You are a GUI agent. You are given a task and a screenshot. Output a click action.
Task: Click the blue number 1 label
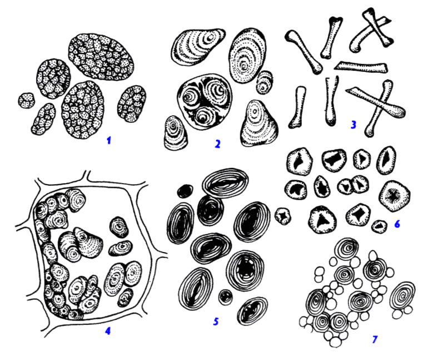point(109,140)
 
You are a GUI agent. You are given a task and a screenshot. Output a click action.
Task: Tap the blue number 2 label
point(217,144)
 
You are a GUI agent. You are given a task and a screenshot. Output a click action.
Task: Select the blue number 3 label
point(354,125)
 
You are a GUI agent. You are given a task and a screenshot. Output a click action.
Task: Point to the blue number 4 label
point(108,331)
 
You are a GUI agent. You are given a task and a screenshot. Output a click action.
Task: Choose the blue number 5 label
point(216,322)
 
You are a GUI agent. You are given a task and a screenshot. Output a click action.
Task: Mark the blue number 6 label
point(397,224)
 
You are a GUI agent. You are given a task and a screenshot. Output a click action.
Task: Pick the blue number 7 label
point(375,339)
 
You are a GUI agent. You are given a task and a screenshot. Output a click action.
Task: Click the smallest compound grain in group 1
point(27,100)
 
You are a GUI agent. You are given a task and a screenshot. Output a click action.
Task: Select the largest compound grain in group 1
point(101,57)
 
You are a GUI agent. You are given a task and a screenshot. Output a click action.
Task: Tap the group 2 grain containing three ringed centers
point(204,102)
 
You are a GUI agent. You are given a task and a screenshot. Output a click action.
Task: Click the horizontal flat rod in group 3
point(361,67)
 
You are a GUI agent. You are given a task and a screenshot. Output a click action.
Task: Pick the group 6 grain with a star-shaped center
point(394,196)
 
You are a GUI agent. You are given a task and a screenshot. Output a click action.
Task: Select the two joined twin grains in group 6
point(353,185)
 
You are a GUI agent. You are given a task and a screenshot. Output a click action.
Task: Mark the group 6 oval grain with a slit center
point(386,160)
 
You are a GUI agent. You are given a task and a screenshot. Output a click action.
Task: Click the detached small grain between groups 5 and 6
point(283,216)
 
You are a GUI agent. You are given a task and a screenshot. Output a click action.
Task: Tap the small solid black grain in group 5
point(185,191)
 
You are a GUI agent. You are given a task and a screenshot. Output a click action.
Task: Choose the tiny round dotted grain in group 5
point(226,298)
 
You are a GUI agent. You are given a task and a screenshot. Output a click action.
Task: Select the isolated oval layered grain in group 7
point(403,296)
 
